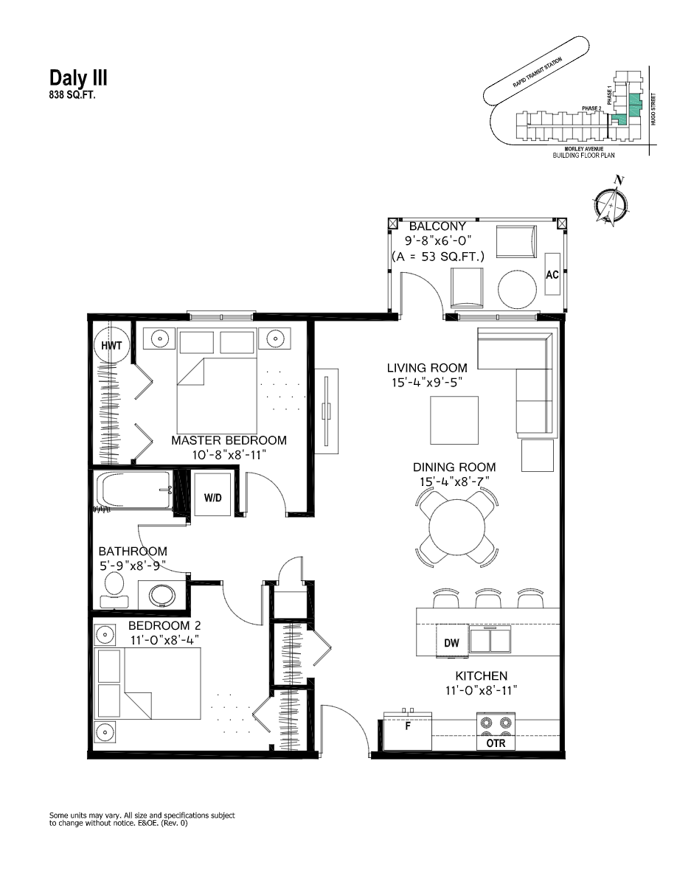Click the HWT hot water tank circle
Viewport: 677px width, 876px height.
(111, 345)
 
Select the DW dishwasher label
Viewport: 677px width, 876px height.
(451, 643)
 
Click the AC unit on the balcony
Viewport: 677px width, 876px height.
(552, 274)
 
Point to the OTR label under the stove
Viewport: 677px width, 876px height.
(496, 744)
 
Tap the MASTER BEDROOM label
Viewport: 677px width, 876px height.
(229, 440)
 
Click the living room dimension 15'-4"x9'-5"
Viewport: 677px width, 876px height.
(427, 383)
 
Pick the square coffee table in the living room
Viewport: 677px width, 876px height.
(454, 420)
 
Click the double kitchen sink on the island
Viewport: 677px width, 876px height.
(490, 640)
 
